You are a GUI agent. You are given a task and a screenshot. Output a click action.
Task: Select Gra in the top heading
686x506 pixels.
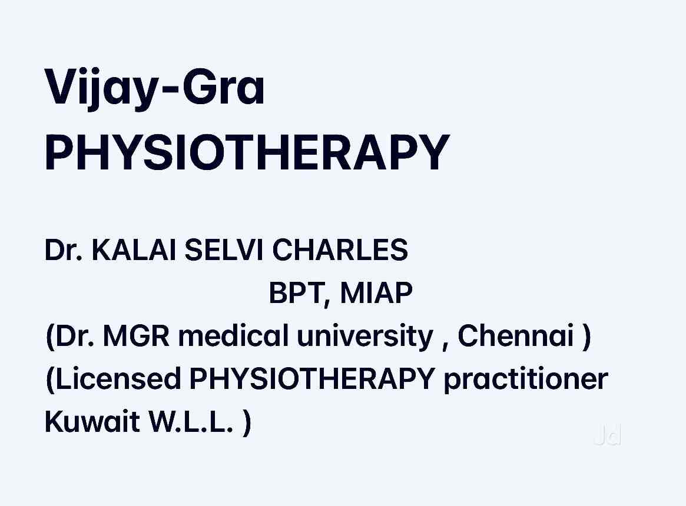tap(224, 86)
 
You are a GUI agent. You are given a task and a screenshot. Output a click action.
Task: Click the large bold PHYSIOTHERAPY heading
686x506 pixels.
tap(247, 152)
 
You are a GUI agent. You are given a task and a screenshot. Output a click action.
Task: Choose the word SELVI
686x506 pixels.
tap(224, 249)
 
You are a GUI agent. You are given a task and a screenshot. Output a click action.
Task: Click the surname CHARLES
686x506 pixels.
tap(340, 249)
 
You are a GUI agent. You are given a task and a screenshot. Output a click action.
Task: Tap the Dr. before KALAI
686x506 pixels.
tap(64, 249)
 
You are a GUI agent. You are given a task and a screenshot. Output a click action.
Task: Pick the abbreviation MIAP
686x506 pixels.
tap(376, 292)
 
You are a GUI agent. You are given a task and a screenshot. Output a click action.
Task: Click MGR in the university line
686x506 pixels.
tap(136, 336)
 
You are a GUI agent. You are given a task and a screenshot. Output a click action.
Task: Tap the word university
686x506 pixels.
tap(365, 337)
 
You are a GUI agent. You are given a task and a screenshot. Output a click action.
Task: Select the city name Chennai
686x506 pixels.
tap(515, 335)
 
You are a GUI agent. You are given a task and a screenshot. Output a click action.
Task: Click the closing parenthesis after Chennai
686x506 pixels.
tap(586, 337)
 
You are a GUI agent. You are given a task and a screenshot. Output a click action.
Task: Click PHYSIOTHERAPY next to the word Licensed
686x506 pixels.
tap(312, 379)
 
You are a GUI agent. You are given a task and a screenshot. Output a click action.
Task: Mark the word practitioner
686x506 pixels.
tap(526, 379)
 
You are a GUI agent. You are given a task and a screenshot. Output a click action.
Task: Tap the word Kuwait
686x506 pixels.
tap(92, 422)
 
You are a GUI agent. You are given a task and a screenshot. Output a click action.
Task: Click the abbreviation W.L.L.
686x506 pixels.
tap(191, 422)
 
